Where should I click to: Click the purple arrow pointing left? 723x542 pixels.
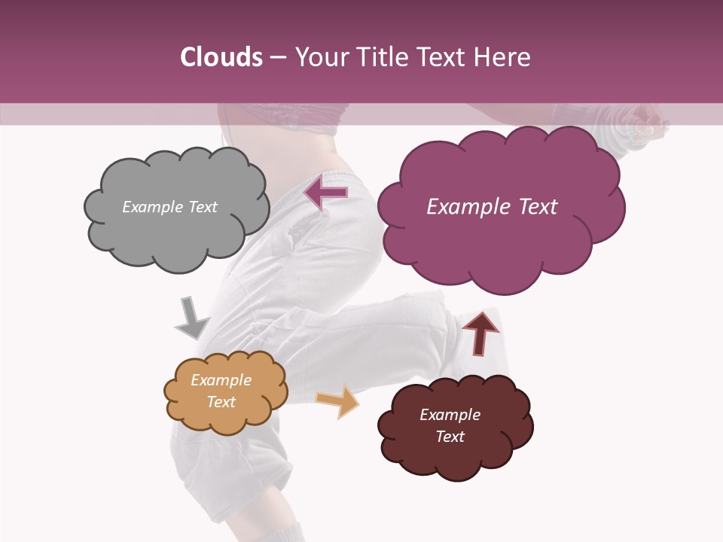click(x=325, y=193)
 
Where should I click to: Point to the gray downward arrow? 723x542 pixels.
click(x=191, y=318)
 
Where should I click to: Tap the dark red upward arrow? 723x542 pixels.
click(x=480, y=332)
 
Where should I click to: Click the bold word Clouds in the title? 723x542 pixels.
click(x=221, y=57)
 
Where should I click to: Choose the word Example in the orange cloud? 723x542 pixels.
click(x=221, y=380)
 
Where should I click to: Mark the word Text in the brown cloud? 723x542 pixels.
click(x=450, y=437)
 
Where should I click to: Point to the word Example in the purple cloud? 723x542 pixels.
click(x=468, y=207)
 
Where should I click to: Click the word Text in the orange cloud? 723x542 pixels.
click(x=221, y=402)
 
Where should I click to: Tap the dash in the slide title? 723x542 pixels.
click(x=277, y=58)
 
